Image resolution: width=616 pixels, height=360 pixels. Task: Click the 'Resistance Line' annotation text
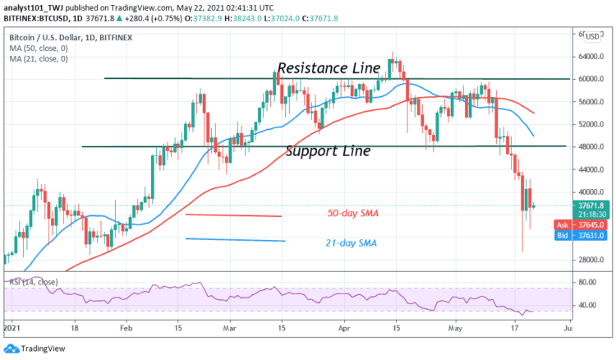(x=329, y=67)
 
